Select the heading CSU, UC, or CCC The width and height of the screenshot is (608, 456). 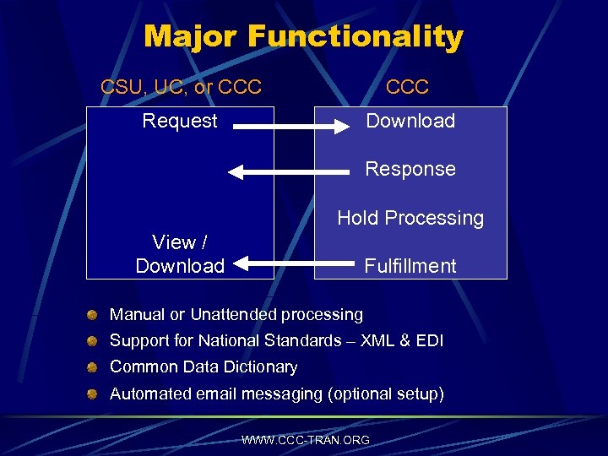181,86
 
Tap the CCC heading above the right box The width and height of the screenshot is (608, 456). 408,86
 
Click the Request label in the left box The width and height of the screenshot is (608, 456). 180,121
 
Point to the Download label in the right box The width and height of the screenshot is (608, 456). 410,121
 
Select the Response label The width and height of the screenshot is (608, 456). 410,169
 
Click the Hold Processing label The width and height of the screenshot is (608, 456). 410,218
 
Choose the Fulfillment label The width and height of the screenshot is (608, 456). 410,266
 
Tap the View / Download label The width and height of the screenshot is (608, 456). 180,254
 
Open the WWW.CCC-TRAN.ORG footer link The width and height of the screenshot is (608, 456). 305,440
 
